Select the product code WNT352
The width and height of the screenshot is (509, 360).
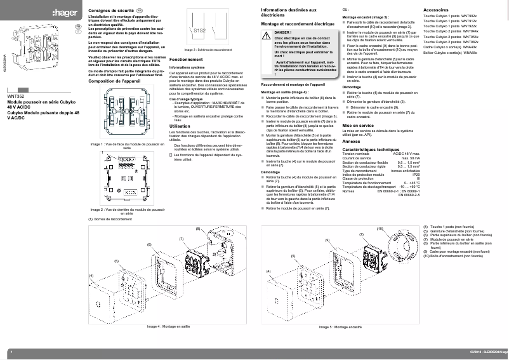click(x=15, y=97)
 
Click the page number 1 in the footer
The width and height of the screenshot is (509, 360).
click(x=12, y=352)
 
